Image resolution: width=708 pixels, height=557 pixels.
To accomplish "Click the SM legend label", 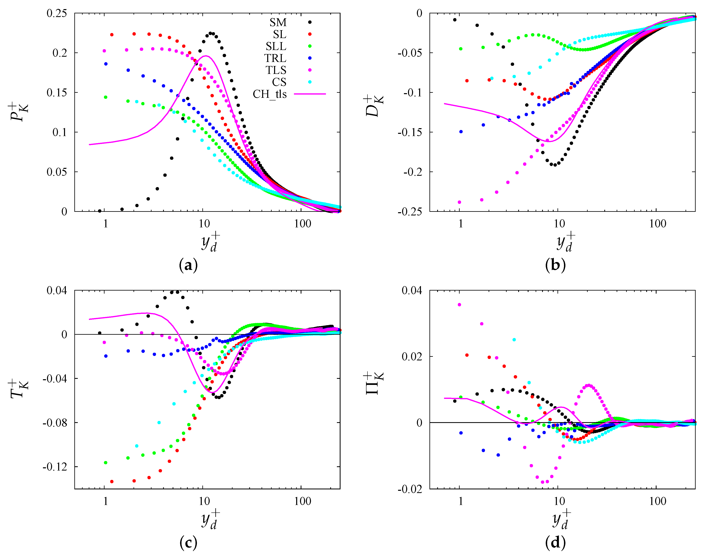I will click(278, 22).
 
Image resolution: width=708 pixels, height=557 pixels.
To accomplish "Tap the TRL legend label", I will click(275, 58).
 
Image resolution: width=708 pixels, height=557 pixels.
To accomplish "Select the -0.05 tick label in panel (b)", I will click(409, 53).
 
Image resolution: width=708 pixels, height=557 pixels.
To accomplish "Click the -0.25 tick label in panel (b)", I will click(409, 212).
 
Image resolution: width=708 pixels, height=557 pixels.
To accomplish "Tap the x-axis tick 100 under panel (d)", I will click(657, 501).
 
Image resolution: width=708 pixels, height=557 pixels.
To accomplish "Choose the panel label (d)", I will click(555, 543).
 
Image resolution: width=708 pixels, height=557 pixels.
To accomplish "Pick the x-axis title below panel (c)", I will click(210, 519).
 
